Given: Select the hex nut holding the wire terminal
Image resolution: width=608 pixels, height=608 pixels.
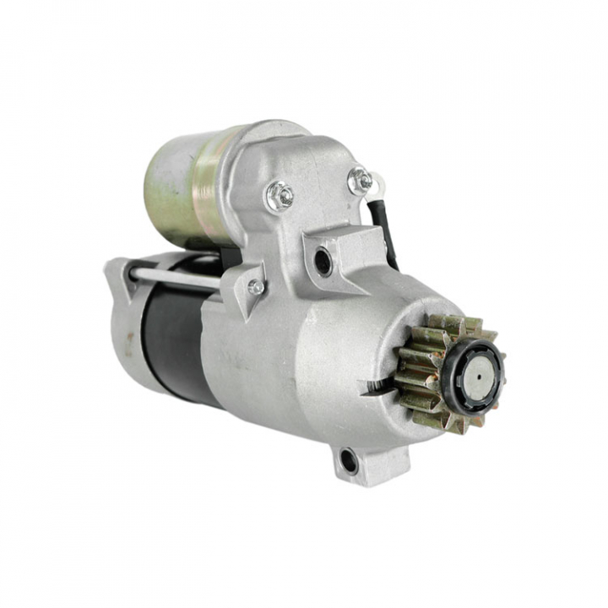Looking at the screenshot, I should [361, 180].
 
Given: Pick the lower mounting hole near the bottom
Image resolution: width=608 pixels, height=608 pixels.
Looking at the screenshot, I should [348, 460].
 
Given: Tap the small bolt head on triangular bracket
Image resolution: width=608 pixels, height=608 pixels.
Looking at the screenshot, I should [255, 287].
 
